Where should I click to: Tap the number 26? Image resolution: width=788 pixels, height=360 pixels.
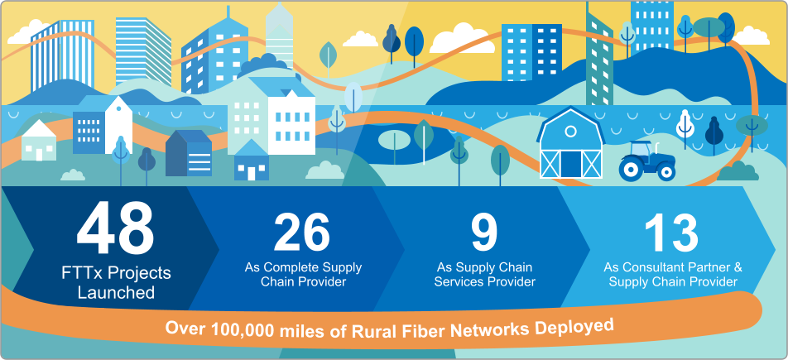coord(302,233)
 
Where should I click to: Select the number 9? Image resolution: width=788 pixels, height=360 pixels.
coord(484,233)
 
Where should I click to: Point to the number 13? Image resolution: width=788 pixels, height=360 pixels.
coord(671,233)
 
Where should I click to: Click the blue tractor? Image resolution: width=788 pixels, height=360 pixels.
coord(646,161)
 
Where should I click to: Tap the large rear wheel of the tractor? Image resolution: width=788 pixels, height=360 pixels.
coord(632,169)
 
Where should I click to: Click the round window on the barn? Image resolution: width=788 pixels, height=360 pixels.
coord(570,132)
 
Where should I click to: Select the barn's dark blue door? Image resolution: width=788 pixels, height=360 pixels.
coord(570,163)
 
